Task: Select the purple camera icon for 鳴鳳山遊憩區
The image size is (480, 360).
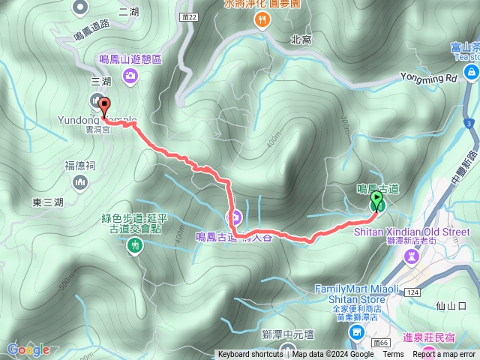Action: (131, 75)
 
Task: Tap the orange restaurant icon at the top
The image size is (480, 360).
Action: (262, 20)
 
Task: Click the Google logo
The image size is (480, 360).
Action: (28, 349)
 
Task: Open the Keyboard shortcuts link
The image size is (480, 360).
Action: (250, 355)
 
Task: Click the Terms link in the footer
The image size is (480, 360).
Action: (393, 355)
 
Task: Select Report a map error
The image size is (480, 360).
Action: (445, 355)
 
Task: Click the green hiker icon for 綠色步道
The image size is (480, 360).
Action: (135, 244)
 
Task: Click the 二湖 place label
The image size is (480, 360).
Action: (128, 11)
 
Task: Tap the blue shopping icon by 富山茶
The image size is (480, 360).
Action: (472, 72)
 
